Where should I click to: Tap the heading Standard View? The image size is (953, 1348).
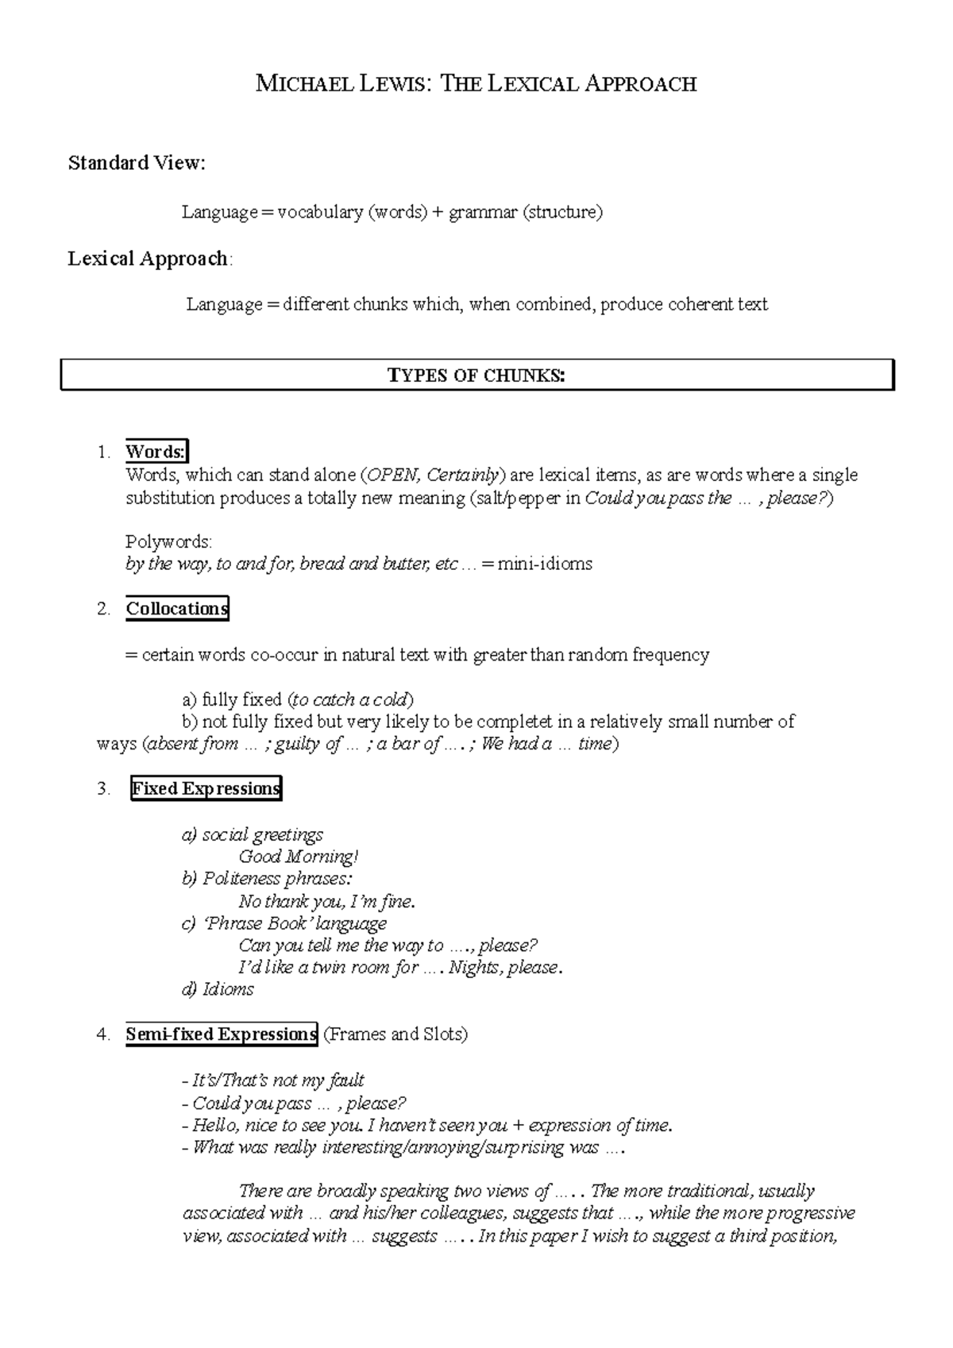click(137, 164)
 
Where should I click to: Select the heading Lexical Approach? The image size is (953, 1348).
click(149, 259)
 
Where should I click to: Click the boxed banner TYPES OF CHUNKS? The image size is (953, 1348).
click(476, 376)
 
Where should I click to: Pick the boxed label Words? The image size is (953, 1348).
click(156, 452)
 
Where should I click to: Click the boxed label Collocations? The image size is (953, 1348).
click(177, 609)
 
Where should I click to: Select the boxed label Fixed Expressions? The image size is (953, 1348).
click(206, 788)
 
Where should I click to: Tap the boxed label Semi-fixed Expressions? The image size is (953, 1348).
click(221, 1034)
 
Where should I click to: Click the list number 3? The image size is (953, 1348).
click(103, 789)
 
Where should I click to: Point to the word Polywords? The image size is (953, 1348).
click(168, 542)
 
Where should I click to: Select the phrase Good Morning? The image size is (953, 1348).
click(299, 857)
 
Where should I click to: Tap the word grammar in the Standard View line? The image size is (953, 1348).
click(482, 213)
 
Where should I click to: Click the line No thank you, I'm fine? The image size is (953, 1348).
click(326, 902)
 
